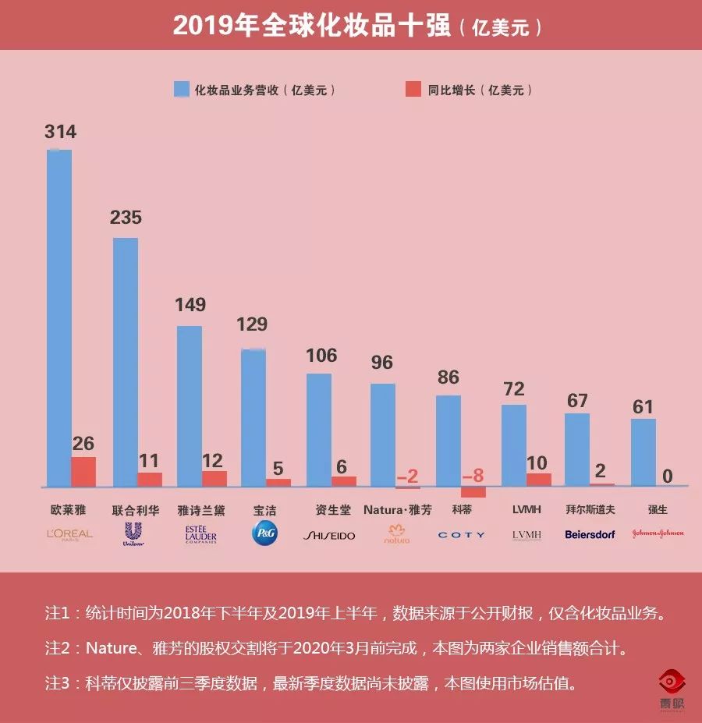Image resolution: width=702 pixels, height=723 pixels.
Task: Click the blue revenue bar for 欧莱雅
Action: pos(59,316)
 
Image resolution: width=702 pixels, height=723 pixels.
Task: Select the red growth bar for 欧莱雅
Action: pos(83,472)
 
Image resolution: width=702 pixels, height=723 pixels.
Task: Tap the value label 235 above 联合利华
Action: pos(126,218)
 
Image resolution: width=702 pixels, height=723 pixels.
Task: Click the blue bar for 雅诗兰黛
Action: pos(190,406)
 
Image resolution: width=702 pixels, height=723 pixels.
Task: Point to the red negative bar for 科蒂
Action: pos(473,492)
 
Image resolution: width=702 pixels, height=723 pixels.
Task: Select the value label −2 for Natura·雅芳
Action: pos(408,477)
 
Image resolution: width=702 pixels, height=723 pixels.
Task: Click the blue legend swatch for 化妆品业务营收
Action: pos(181,90)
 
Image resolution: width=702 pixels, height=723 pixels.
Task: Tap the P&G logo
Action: pos(264,533)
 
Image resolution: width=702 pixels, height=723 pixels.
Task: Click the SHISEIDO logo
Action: pos(329,536)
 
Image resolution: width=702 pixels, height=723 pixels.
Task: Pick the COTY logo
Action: pos(461,535)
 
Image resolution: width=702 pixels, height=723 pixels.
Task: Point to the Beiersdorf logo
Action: pos(590,535)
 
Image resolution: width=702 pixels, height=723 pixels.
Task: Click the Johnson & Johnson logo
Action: pos(658,533)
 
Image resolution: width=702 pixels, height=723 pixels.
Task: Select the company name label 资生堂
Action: pos(331,511)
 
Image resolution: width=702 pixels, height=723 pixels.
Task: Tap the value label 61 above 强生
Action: pos(643,407)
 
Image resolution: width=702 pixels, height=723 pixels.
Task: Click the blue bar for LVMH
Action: pos(513,445)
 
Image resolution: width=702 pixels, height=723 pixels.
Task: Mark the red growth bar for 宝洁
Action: pos(278,482)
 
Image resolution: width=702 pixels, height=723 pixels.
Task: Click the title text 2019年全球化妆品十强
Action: pos(311,25)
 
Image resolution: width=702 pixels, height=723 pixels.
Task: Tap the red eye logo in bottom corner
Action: pos(672,682)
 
